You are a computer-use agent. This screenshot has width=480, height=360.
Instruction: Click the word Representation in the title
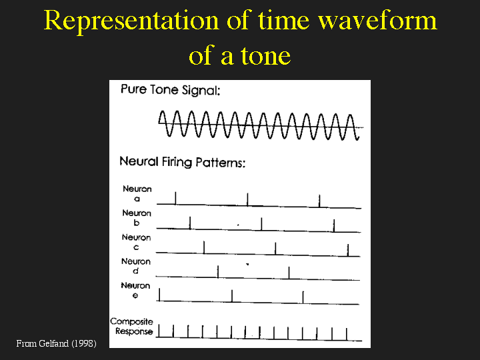click(x=131, y=21)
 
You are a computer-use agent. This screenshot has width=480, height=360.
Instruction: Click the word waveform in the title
click(x=377, y=21)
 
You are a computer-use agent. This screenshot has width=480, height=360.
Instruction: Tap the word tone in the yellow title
click(x=266, y=56)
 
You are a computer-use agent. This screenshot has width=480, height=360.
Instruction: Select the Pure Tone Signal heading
click(x=170, y=90)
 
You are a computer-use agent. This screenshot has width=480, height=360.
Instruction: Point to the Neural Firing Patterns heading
click(x=183, y=162)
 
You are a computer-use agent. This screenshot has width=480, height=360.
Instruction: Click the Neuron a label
click(x=137, y=193)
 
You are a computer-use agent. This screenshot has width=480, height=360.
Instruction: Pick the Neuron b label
click(x=137, y=217)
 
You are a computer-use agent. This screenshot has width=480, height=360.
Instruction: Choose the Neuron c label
click(x=136, y=242)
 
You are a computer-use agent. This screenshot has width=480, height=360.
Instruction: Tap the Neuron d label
click(x=135, y=266)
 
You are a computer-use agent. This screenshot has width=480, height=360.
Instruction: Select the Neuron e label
click(x=135, y=290)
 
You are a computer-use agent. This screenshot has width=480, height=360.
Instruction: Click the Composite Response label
click(x=131, y=326)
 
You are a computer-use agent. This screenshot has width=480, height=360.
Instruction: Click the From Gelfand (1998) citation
click(x=56, y=343)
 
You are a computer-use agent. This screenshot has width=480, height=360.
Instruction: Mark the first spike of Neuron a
click(x=175, y=198)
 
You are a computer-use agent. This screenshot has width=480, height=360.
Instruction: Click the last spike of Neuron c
click(x=348, y=250)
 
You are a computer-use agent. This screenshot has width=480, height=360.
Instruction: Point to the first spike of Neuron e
click(x=159, y=295)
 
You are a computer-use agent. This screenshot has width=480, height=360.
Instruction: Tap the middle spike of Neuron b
click(x=261, y=224)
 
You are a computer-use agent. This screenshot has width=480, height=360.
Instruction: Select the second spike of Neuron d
click(x=289, y=273)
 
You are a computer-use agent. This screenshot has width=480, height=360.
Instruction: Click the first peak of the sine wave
click(x=162, y=112)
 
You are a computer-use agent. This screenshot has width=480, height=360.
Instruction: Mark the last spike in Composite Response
click(x=347, y=334)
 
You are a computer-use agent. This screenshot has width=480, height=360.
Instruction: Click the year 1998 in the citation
click(x=84, y=343)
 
